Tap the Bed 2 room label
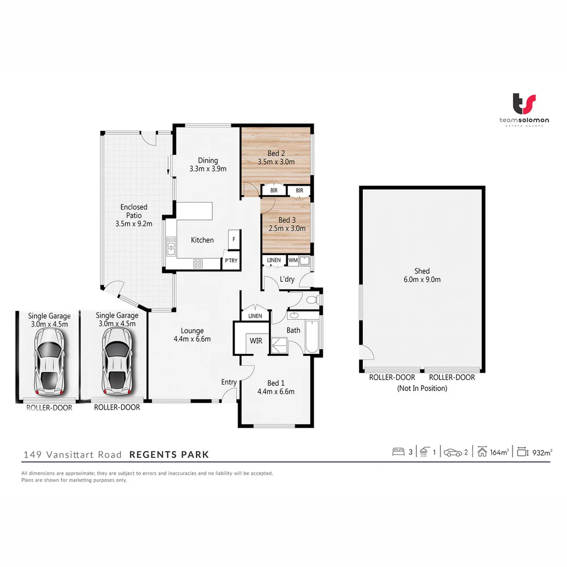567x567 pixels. click(x=276, y=153)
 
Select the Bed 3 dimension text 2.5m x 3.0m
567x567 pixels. click(x=287, y=228)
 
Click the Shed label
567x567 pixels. click(x=422, y=271)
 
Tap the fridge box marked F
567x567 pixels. click(x=234, y=239)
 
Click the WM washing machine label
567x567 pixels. click(x=292, y=260)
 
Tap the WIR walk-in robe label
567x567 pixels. click(x=256, y=341)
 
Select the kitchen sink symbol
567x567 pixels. click(x=171, y=246)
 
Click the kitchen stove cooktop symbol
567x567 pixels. click(x=198, y=264)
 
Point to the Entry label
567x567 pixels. click(x=229, y=382)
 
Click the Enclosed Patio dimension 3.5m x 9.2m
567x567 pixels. click(x=134, y=223)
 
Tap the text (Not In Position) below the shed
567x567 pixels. click(x=422, y=388)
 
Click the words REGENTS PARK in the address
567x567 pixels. click(x=169, y=455)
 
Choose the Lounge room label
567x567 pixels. click(x=192, y=331)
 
